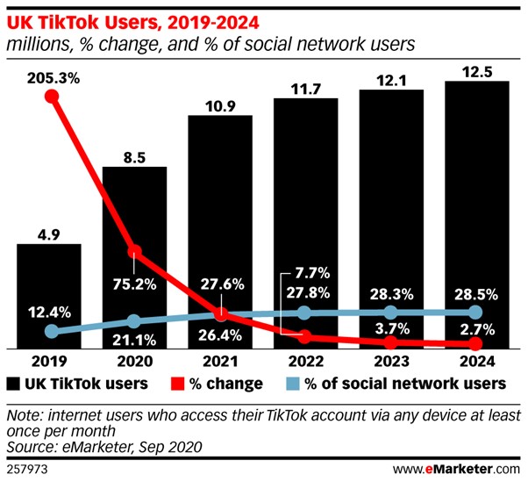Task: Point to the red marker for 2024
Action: point(476,344)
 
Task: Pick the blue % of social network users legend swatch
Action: point(296,384)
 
